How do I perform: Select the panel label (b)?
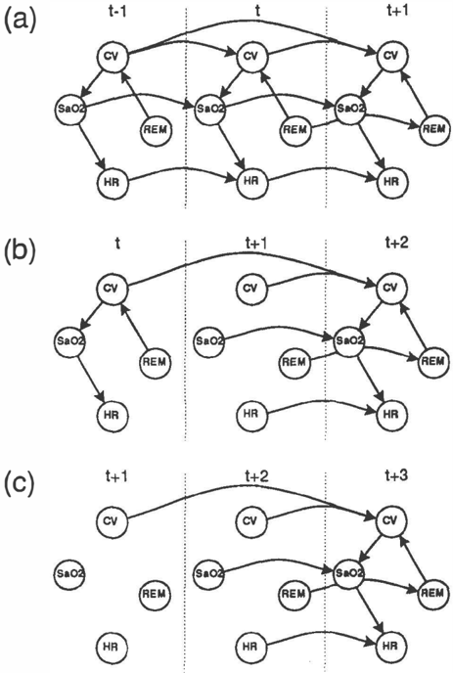pos(20,252)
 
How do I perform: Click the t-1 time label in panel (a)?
pos(116,11)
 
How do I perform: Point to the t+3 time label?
pos(396,475)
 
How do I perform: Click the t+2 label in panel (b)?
pos(396,244)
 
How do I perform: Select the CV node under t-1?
pos(113,56)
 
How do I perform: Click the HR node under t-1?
pos(112,182)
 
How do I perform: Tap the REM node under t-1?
pos(156,129)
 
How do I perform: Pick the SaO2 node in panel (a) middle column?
pos(209,109)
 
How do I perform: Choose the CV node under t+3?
pos(390,520)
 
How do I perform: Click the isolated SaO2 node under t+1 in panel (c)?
pos(69,573)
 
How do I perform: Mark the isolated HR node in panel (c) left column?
pos(112,647)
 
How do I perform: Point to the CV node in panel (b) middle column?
pos(250,288)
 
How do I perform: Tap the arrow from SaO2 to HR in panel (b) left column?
pos(91,379)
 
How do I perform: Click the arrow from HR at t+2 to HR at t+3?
pos(322,633)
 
